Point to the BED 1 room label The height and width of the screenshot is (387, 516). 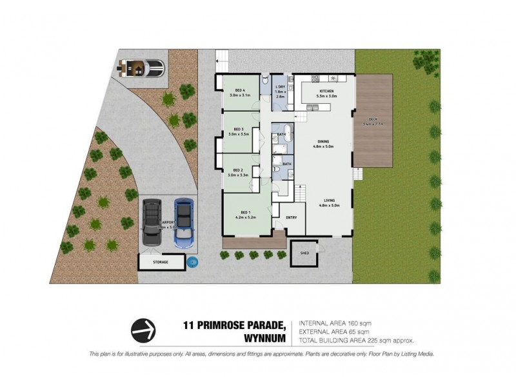tap(244, 213)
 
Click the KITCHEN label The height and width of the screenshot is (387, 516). tap(327, 92)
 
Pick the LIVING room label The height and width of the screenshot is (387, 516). tap(330, 201)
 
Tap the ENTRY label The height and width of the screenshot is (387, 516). tap(291, 217)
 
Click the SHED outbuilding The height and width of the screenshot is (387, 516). tap(304, 253)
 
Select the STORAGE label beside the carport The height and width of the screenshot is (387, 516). tap(161, 263)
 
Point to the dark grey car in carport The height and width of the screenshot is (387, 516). tap(153, 221)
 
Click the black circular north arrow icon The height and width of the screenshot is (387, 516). tap(144, 331)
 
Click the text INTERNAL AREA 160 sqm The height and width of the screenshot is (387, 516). tap(334, 323)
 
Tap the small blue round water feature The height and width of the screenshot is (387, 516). tap(192, 262)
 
